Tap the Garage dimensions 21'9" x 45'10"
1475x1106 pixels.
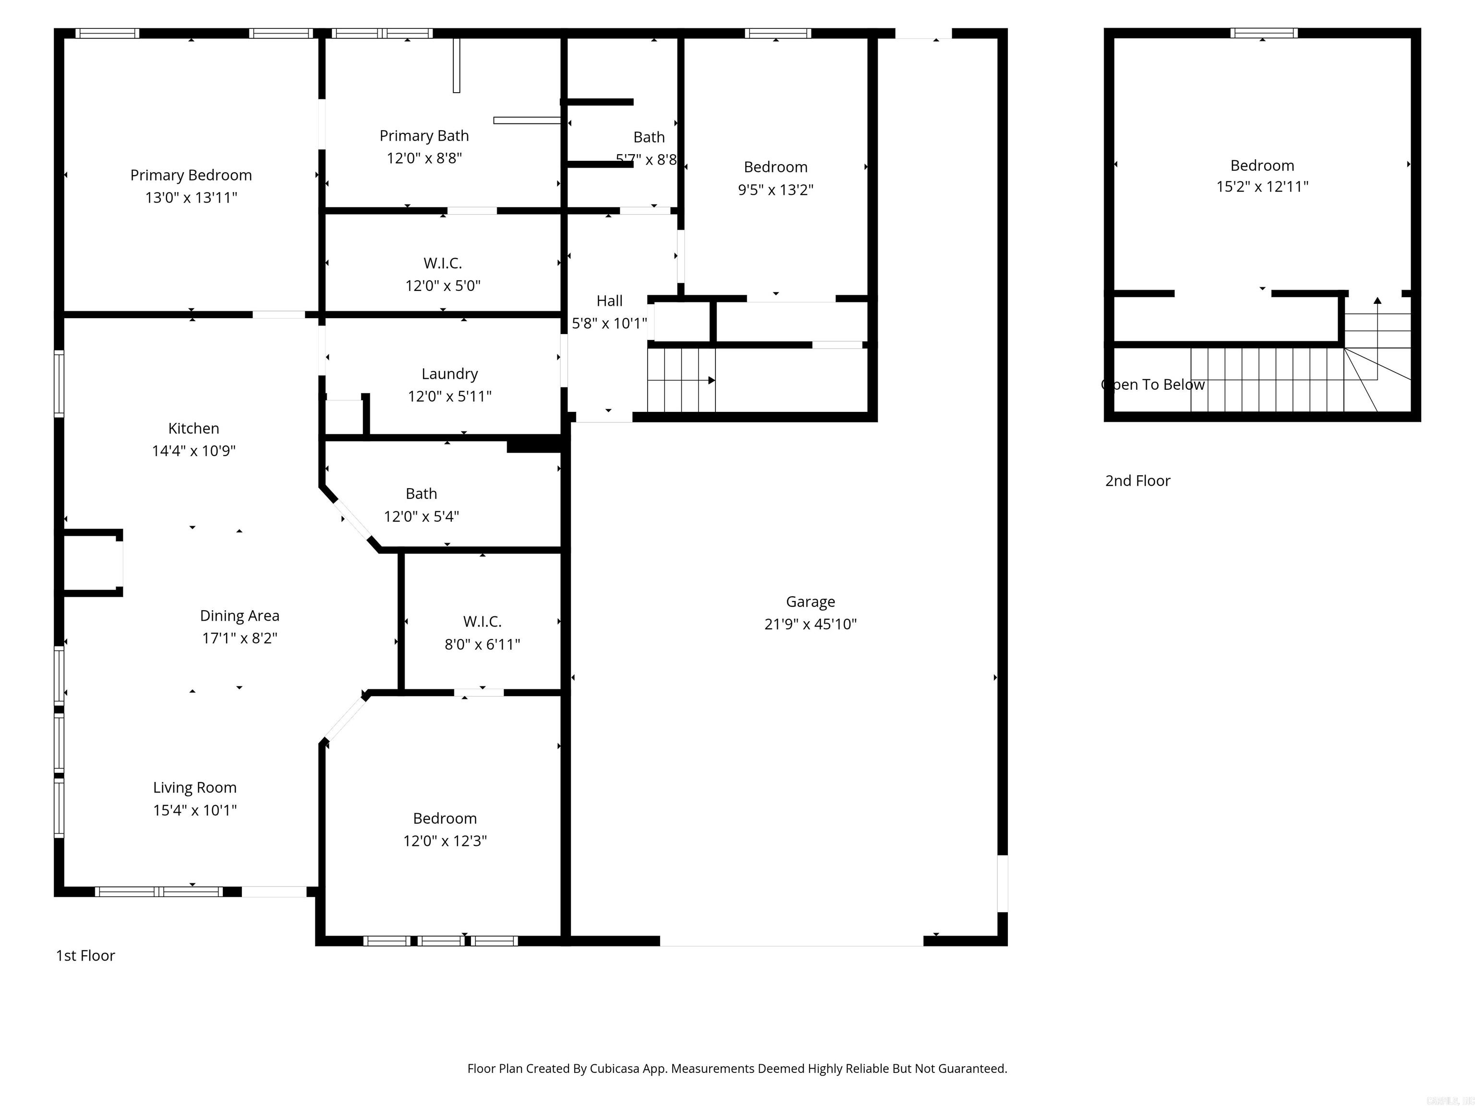point(810,624)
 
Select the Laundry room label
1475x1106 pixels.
point(449,374)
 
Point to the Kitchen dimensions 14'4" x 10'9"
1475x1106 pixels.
point(193,451)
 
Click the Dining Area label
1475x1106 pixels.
point(240,616)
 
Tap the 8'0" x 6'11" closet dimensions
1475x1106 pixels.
point(482,644)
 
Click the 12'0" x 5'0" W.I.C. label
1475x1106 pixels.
point(443,264)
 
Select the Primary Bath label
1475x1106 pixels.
point(424,136)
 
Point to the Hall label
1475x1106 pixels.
point(609,301)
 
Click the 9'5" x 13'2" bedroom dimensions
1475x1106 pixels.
point(775,190)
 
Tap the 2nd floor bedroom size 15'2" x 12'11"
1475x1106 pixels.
point(1262,187)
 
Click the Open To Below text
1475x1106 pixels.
point(1154,385)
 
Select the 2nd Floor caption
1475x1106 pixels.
point(1137,481)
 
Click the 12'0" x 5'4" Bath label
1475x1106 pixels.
point(422,494)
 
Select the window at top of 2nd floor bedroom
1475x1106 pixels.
point(1264,33)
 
